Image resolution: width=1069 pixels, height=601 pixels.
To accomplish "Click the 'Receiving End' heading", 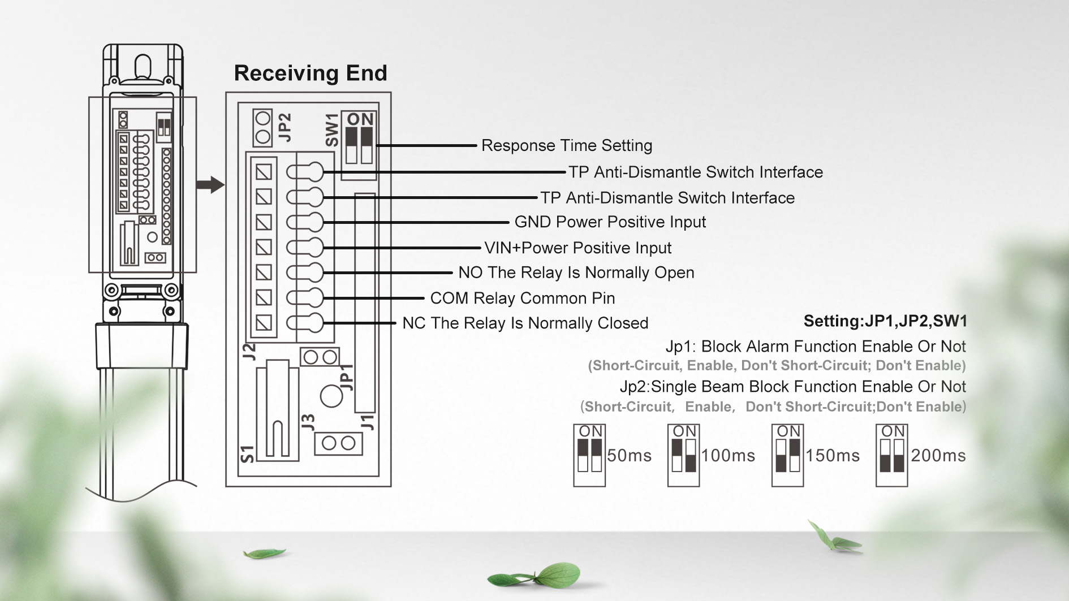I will (x=311, y=73).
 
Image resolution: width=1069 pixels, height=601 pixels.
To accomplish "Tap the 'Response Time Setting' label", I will (x=566, y=146).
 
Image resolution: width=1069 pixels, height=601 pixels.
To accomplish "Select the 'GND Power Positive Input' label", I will (x=610, y=222).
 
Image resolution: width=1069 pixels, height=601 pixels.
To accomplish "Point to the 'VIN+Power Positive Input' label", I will (x=577, y=248).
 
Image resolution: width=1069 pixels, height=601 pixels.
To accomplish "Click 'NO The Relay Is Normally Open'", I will (x=576, y=273).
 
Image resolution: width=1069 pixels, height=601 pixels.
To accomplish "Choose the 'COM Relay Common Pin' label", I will (x=522, y=298).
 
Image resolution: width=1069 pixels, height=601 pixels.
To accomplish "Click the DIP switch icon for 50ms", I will (x=589, y=455).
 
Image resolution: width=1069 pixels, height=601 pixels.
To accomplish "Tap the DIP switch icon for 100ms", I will (x=683, y=455).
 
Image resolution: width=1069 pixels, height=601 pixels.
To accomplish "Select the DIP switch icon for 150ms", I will (x=787, y=455).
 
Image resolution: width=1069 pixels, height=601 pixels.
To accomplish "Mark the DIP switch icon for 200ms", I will (x=891, y=455).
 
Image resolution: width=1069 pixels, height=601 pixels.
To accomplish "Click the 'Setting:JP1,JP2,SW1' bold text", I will (x=885, y=321).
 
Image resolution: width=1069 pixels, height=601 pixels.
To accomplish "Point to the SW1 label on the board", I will (x=332, y=130).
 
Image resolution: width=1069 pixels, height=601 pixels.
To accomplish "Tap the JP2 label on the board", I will (x=286, y=127).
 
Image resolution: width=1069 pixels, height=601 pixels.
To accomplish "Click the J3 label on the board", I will (x=308, y=422).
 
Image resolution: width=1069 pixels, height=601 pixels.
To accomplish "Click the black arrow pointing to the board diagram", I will (x=210, y=184).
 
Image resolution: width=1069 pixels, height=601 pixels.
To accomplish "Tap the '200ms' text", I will (x=938, y=456).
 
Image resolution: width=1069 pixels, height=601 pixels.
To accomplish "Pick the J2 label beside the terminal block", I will (x=249, y=352).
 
